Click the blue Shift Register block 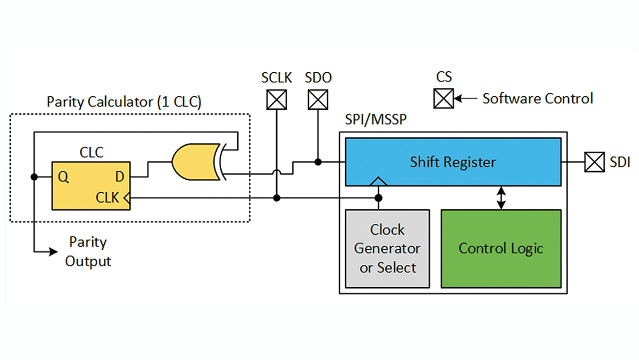point(453,162)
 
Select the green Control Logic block point(501,248)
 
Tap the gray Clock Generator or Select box point(387,248)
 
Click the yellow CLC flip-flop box point(91,185)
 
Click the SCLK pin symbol point(277,99)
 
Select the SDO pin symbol point(318,99)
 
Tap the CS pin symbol point(443,98)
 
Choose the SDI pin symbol point(595,162)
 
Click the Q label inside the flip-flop point(63,177)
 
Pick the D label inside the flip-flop point(120,177)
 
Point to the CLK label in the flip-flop point(108,198)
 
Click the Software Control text point(537,98)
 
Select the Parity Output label point(88,252)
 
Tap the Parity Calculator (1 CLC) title point(124,102)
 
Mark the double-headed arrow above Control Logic point(501,198)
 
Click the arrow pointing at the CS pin point(465,98)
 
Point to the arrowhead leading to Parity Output point(53,252)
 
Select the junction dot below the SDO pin point(318,162)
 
